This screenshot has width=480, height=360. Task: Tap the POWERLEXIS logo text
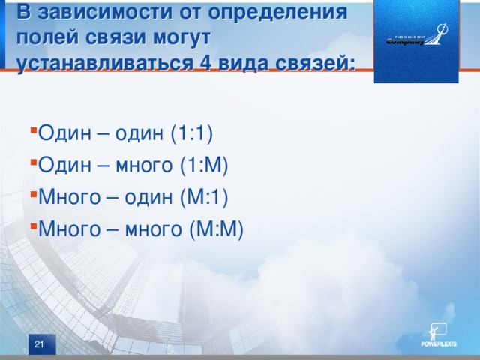coord(438,344)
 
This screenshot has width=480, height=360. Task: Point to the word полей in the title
coord(44,37)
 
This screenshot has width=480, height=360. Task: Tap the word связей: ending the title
coord(313,61)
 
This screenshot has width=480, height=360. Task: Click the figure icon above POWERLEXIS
coord(436,330)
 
